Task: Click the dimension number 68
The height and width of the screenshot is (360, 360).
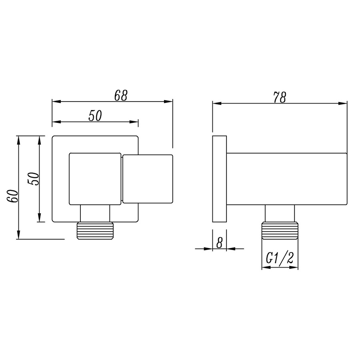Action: point(120,95)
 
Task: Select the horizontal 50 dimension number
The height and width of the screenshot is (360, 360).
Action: point(95,116)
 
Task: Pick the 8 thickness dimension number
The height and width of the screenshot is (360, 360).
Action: point(219,242)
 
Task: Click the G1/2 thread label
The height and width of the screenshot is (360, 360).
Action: point(280,260)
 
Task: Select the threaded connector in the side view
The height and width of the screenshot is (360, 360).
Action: point(280,231)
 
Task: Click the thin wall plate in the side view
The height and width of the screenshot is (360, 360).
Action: point(219,179)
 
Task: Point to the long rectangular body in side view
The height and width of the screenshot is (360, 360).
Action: point(286,179)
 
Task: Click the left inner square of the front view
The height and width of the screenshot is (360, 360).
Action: point(95,179)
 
